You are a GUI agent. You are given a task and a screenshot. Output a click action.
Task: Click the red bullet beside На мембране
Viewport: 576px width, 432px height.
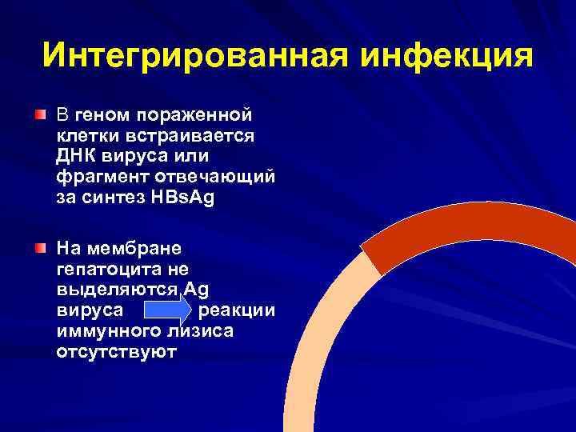pos(40,249)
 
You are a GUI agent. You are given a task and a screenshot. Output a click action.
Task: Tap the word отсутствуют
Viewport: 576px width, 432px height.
pos(117,351)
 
